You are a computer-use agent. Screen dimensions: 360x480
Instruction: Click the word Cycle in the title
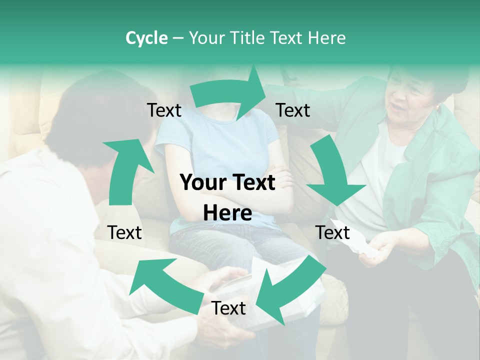point(146,38)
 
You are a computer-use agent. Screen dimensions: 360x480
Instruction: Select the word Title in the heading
point(250,38)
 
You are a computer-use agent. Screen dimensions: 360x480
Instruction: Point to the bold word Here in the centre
point(227,213)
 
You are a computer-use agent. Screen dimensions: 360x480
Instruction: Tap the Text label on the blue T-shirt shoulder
point(164,110)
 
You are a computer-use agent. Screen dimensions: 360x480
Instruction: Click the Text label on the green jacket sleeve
point(293,110)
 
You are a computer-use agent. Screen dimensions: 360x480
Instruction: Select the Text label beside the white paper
point(332,232)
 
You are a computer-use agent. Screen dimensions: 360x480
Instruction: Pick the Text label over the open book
point(228,308)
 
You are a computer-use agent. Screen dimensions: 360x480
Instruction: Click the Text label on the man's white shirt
point(124,232)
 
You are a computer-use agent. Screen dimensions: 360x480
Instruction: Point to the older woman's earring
point(438,107)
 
